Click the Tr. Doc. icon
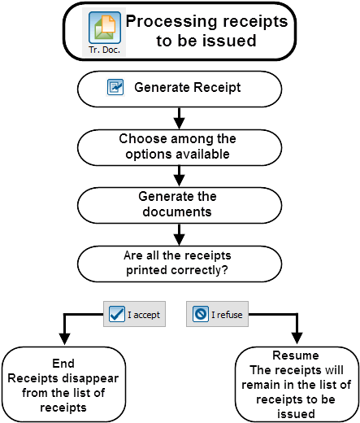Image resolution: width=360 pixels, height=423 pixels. (x=105, y=33)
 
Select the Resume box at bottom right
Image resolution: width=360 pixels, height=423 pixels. (x=295, y=384)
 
